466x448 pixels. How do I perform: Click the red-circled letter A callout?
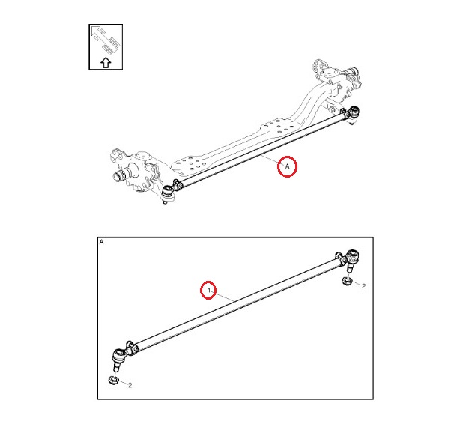[x=287, y=166]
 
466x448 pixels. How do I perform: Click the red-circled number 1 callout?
[x=208, y=290]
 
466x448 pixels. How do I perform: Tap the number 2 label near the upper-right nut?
[x=363, y=286]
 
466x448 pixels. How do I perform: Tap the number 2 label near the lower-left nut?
[x=130, y=385]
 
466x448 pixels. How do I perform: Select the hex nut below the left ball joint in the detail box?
[x=113, y=381]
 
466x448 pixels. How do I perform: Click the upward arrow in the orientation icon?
[x=106, y=63]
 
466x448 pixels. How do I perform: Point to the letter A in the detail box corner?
[x=102, y=242]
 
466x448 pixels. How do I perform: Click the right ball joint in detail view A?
[x=352, y=259]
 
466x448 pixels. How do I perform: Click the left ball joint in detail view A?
[x=120, y=358]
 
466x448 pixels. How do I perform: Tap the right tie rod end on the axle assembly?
[x=354, y=114]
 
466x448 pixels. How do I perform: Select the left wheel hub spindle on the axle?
[x=122, y=175]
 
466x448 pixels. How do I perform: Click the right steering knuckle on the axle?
[x=339, y=78]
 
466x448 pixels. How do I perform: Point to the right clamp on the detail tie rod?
[x=341, y=258]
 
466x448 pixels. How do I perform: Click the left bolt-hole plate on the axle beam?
[x=190, y=164]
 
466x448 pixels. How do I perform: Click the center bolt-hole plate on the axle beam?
[x=278, y=127]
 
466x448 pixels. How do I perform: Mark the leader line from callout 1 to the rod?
[x=224, y=297]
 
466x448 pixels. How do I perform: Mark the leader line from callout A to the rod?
[x=270, y=159]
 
